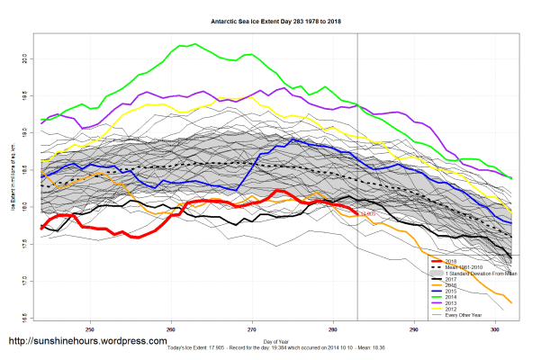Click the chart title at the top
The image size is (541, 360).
click(270, 20)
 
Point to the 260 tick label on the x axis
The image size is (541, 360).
click(171, 329)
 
